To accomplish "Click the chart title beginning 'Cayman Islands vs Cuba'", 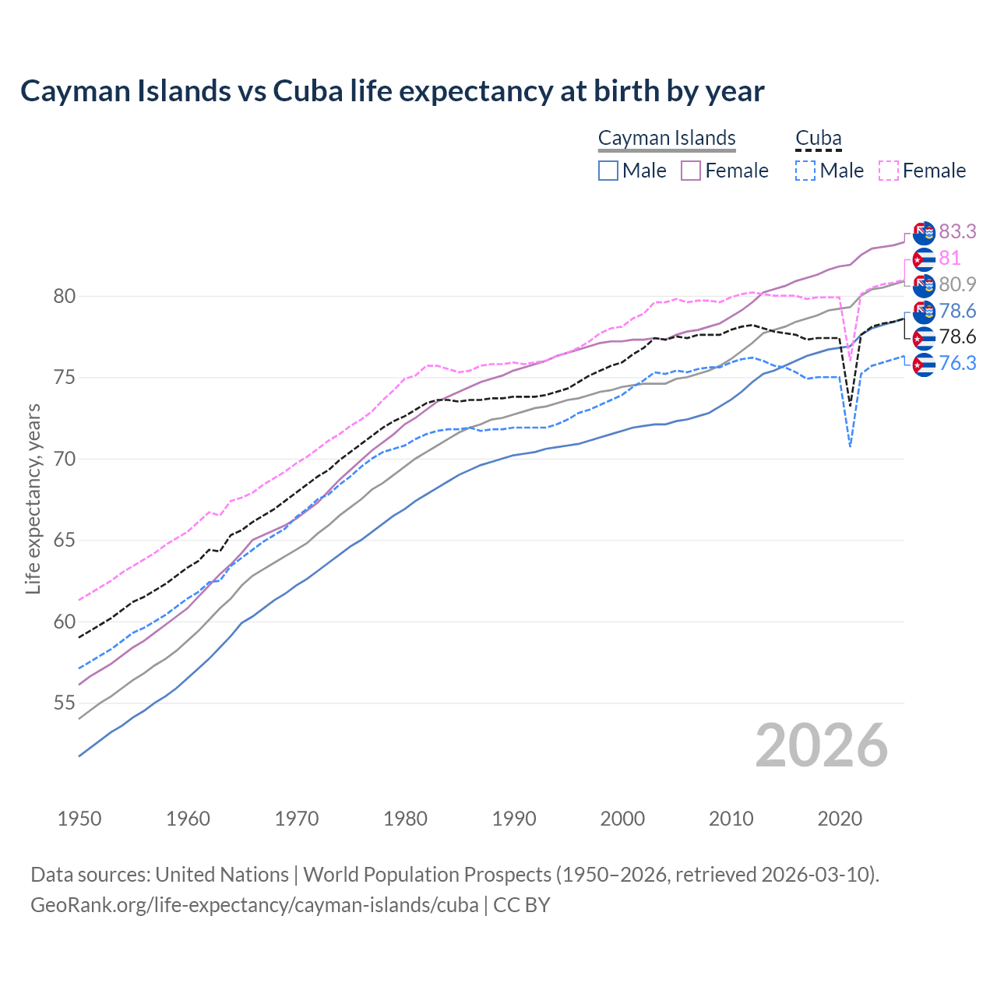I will [392, 91].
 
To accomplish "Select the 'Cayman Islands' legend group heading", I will [667, 138].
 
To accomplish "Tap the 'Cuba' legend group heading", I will [818, 138].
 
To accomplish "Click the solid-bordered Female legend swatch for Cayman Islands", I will [692, 171].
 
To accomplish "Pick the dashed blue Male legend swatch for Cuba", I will [805, 171].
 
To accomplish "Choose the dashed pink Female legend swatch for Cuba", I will [889, 171].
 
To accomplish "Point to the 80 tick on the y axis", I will [65, 296].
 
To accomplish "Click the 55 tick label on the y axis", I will [65, 703].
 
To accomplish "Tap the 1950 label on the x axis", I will [79, 819].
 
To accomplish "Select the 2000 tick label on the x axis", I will [622, 819].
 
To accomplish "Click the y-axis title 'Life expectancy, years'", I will [33, 498].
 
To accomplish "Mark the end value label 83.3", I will [957, 231].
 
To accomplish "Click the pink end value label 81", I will [949, 258].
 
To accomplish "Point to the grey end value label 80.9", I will [957, 284].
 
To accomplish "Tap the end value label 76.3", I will [957, 363].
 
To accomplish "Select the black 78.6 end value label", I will [957, 336].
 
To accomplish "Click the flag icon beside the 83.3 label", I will [924, 232].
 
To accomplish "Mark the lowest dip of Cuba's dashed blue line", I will [850, 446].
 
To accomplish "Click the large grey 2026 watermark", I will [821, 745].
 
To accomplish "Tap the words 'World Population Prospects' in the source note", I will [426, 875].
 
